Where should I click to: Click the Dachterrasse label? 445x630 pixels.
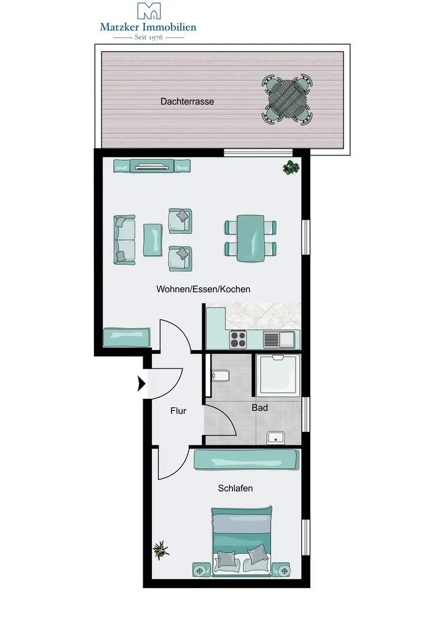(187, 102)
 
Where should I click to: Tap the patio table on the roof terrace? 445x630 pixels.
(287, 98)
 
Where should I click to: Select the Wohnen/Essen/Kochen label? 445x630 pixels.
(203, 289)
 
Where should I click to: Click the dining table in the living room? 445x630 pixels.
(250, 238)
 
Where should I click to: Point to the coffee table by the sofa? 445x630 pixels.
(153, 241)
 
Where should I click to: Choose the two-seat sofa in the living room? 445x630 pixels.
(124, 240)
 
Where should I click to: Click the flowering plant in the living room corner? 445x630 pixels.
(291, 167)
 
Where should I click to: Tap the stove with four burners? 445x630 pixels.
(238, 340)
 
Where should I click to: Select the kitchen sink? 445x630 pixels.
(279, 340)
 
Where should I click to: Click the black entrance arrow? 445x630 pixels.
(141, 384)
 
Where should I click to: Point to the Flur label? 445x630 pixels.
(178, 411)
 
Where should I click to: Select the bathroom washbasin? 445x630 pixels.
(276, 437)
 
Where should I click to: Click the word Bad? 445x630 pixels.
(259, 408)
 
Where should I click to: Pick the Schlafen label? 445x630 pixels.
(235, 488)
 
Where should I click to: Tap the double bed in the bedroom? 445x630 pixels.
(242, 541)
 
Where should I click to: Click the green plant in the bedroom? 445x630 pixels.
(161, 549)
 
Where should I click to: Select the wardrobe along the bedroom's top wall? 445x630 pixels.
(246, 460)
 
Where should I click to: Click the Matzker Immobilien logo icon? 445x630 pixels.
(149, 11)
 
